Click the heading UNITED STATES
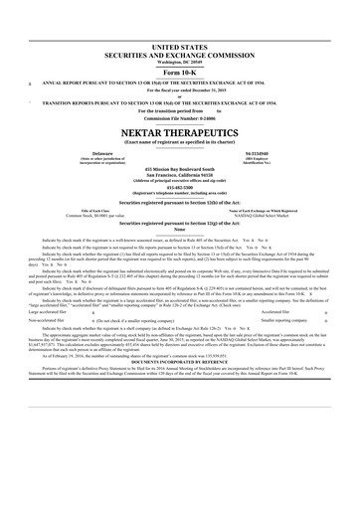tap(180, 46)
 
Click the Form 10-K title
tap(180, 74)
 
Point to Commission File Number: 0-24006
tap(180, 118)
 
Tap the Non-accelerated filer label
tap(46, 321)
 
